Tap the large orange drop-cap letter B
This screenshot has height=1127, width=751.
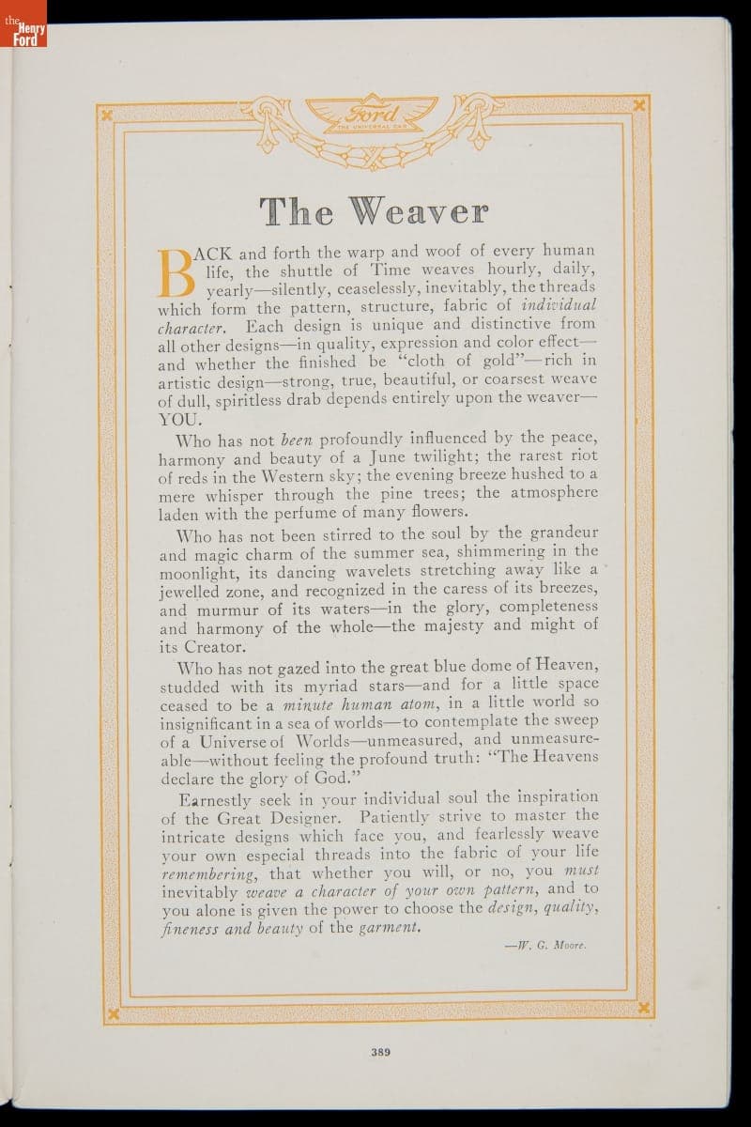point(178,272)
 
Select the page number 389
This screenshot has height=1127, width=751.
point(379,1052)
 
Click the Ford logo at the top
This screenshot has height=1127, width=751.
point(375,117)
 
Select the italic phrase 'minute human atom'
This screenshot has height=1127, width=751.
point(360,703)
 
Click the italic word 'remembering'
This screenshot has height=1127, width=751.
point(207,872)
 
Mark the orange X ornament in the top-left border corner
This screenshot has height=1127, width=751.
point(108,114)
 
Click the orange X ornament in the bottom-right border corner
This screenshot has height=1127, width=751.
point(645,1009)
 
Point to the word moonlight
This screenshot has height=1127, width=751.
point(205,572)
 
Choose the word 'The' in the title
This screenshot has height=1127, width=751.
point(296,211)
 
